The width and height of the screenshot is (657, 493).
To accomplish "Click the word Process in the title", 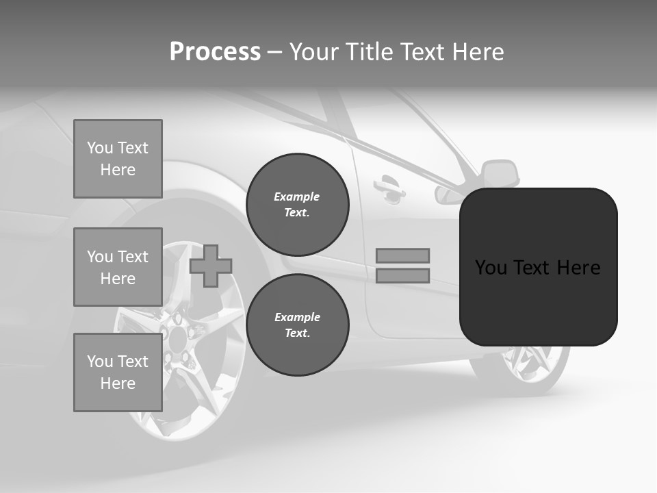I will click(215, 52).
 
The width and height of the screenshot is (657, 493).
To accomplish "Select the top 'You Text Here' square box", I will click(118, 159).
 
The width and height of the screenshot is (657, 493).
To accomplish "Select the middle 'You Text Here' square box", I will click(118, 267).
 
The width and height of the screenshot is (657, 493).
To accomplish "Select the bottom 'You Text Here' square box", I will click(118, 372).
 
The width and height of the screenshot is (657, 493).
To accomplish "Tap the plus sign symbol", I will click(210, 266).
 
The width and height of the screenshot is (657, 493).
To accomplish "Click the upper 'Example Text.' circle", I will click(297, 204).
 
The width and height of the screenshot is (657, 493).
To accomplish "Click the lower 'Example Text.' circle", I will click(297, 325).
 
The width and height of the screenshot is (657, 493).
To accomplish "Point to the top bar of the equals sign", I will click(402, 255).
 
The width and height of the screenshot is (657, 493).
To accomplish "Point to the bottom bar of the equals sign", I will click(402, 275).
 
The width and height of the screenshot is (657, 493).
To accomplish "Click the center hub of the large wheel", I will click(177, 336).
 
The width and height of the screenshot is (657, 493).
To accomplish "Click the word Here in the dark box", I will click(578, 268).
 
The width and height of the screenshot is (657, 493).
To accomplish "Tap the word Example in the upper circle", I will click(297, 197).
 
